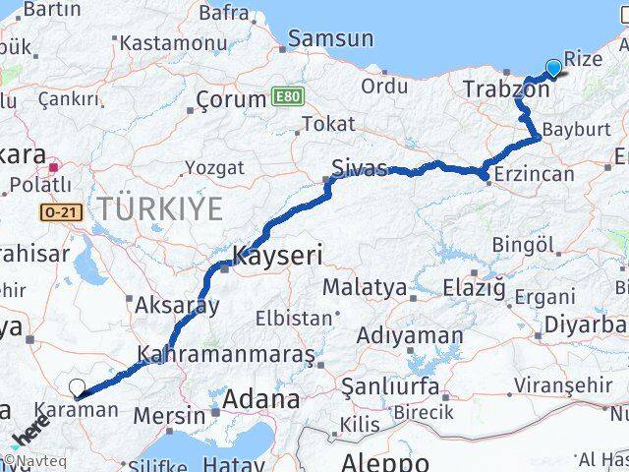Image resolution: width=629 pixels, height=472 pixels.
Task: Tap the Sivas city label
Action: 359,168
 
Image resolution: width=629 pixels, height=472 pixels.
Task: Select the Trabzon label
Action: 506,89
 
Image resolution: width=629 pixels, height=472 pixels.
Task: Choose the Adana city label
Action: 260,400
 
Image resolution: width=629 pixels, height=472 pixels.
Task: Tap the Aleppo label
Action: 385,462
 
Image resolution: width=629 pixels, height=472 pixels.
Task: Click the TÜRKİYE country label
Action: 160,208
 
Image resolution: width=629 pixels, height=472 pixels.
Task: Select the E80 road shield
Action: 285,98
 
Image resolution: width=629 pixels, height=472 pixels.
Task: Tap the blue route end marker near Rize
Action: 553,67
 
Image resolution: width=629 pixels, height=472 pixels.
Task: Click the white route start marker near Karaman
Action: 77,387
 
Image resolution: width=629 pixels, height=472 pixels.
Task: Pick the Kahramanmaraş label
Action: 227,353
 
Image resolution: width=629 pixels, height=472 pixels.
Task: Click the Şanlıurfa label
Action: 390,386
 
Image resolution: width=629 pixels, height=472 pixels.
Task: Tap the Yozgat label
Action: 214,168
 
